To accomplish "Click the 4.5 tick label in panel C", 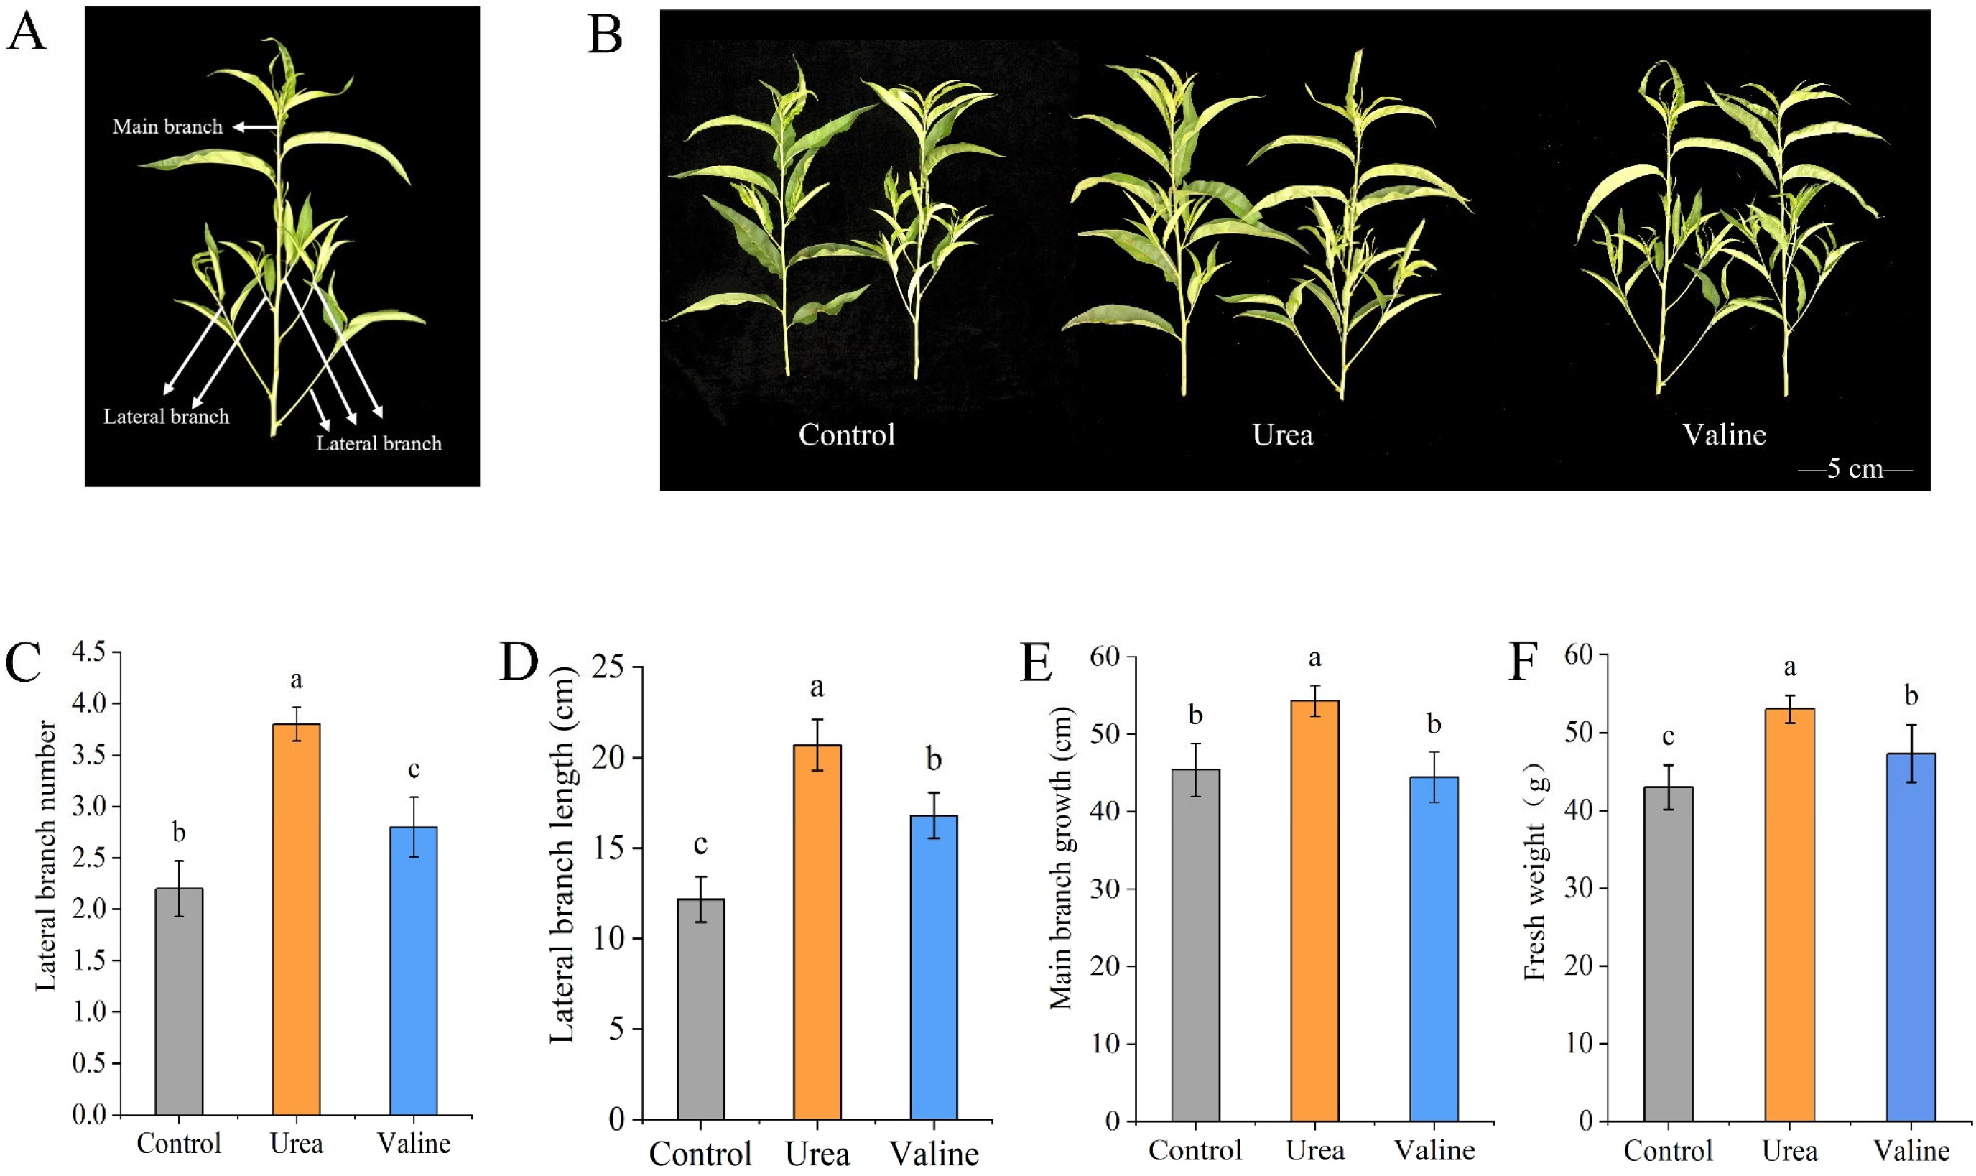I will coord(88,652).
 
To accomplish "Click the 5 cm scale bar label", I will coord(1855,469).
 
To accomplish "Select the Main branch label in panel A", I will coord(167,126).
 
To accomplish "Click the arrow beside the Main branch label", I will coord(255,126).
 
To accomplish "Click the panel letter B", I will coord(605,37).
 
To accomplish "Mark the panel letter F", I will coord(1523,662).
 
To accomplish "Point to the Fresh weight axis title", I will coord(1535,871).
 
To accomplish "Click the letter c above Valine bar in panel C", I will coord(414,769).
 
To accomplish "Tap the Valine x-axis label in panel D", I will coord(934,1153).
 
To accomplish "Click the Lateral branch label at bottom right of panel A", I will coord(379,444).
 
